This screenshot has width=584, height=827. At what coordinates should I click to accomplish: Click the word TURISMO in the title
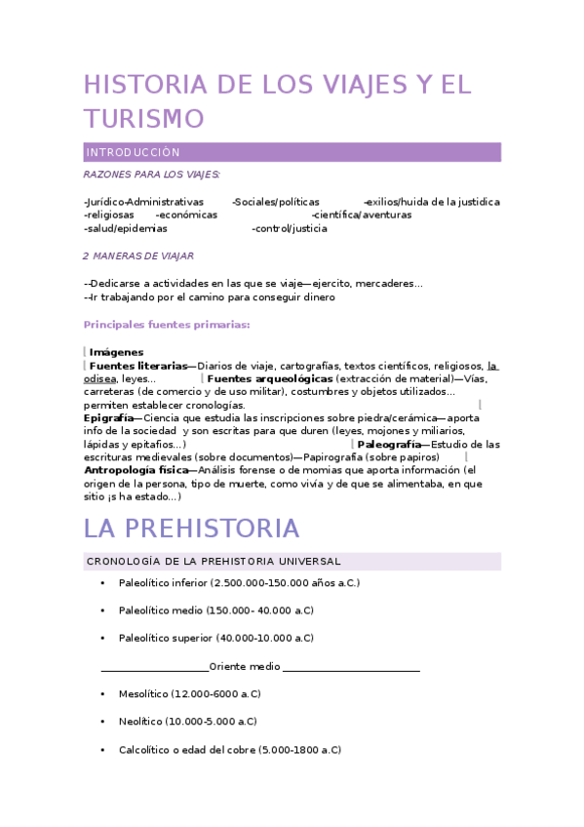[144, 118]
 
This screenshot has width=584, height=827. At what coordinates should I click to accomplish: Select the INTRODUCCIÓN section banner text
[133, 153]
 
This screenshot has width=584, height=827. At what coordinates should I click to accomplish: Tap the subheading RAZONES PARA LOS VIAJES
[151, 175]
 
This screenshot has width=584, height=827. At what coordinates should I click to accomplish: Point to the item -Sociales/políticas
[276, 202]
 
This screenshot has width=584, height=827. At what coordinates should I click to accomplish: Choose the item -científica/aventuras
[361, 215]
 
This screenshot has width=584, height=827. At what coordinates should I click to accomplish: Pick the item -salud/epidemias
[125, 228]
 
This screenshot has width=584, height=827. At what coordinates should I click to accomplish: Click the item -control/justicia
[290, 228]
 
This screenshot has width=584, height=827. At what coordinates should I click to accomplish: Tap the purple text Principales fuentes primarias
[167, 325]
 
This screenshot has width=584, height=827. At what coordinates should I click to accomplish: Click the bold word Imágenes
[116, 352]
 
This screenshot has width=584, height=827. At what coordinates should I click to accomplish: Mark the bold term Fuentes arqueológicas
[270, 378]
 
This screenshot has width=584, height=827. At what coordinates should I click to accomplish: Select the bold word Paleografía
[389, 444]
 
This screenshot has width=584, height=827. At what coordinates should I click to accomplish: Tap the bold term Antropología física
[136, 470]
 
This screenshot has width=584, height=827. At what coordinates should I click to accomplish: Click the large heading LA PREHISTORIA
[191, 529]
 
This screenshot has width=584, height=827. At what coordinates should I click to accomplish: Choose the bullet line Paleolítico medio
[215, 610]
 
